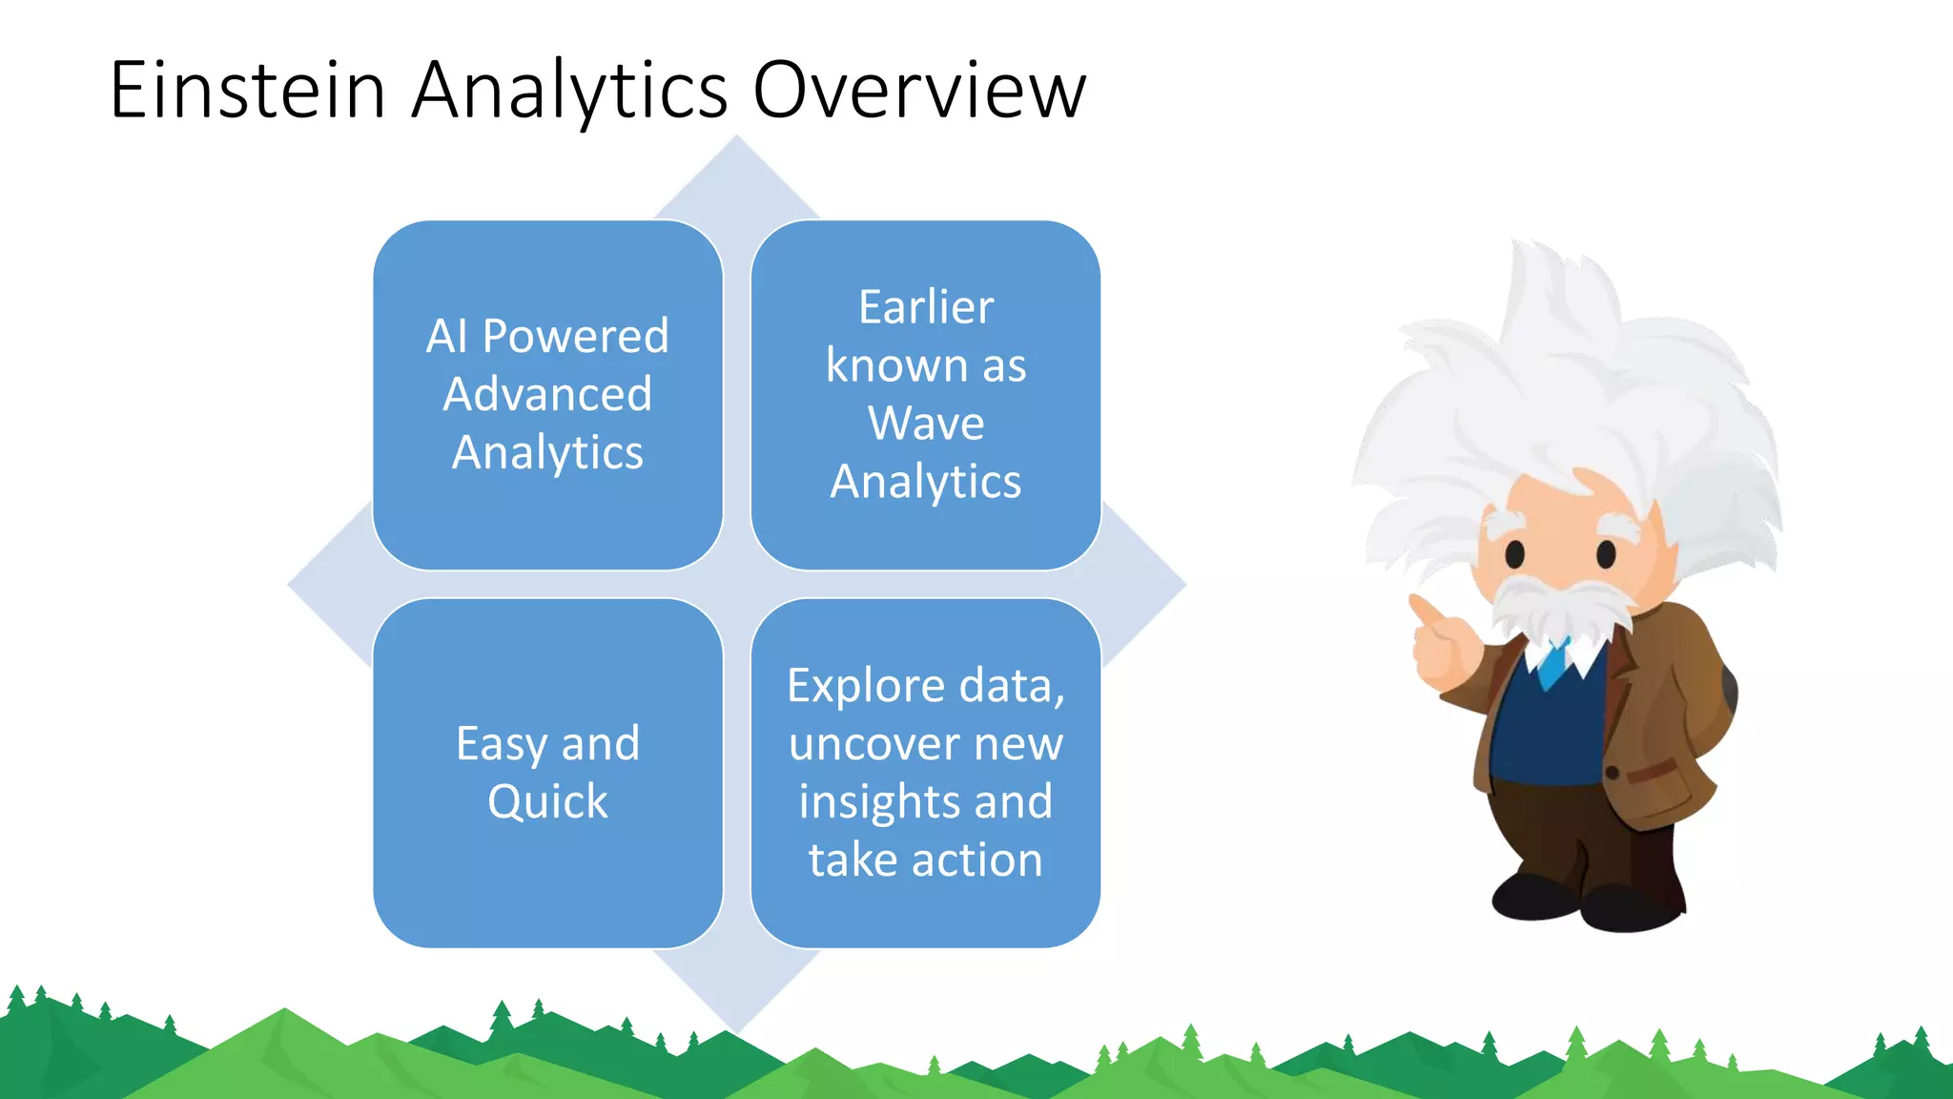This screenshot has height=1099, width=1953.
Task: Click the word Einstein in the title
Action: pyautogui.click(x=247, y=90)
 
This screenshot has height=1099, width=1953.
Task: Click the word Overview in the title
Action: pyautogui.click(x=919, y=90)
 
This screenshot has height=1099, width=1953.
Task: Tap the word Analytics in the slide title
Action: pyautogui.click(x=569, y=92)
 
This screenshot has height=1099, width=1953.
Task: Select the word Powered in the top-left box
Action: pyautogui.click(x=575, y=336)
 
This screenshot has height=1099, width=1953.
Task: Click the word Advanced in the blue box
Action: pyautogui.click(x=547, y=394)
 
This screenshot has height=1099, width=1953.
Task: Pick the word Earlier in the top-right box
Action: pyautogui.click(x=926, y=307)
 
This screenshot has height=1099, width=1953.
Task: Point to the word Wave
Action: pyautogui.click(x=926, y=423)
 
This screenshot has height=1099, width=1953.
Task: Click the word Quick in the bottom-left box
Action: pyautogui.click(x=547, y=802)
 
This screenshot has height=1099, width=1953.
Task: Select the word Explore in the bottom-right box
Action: pyautogui.click(x=866, y=686)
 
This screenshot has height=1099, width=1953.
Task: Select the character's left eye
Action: pyautogui.click(x=1515, y=552)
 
